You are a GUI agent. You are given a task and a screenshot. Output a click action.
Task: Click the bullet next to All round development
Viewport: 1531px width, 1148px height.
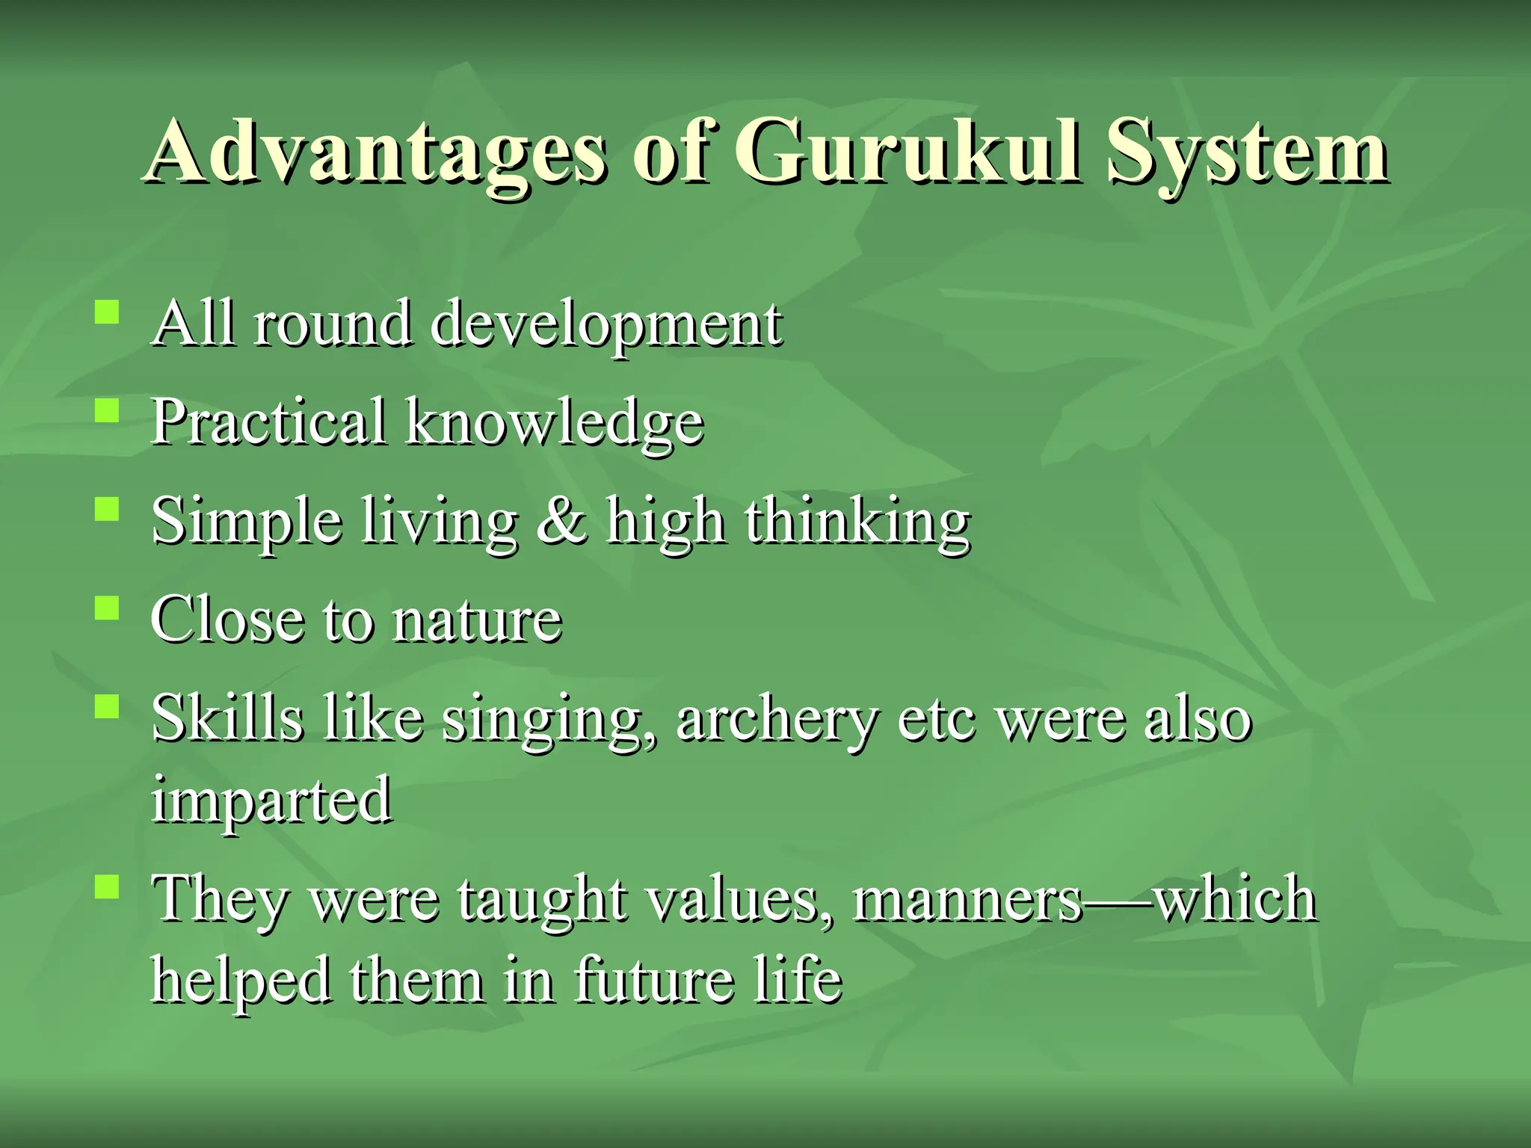(108, 311)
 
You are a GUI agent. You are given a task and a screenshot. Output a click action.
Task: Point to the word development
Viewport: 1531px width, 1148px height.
(606, 326)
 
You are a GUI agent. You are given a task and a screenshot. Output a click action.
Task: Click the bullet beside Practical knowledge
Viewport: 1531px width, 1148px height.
(108, 410)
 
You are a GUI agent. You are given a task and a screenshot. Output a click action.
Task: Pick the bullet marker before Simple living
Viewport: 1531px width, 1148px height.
(108, 510)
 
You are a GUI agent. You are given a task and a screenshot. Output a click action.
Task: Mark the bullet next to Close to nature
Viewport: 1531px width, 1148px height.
(108, 607)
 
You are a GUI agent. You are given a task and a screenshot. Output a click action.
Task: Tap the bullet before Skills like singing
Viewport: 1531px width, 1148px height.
(108, 706)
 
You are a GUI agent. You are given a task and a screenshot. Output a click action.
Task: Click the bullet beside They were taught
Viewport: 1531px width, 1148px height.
(108, 886)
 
